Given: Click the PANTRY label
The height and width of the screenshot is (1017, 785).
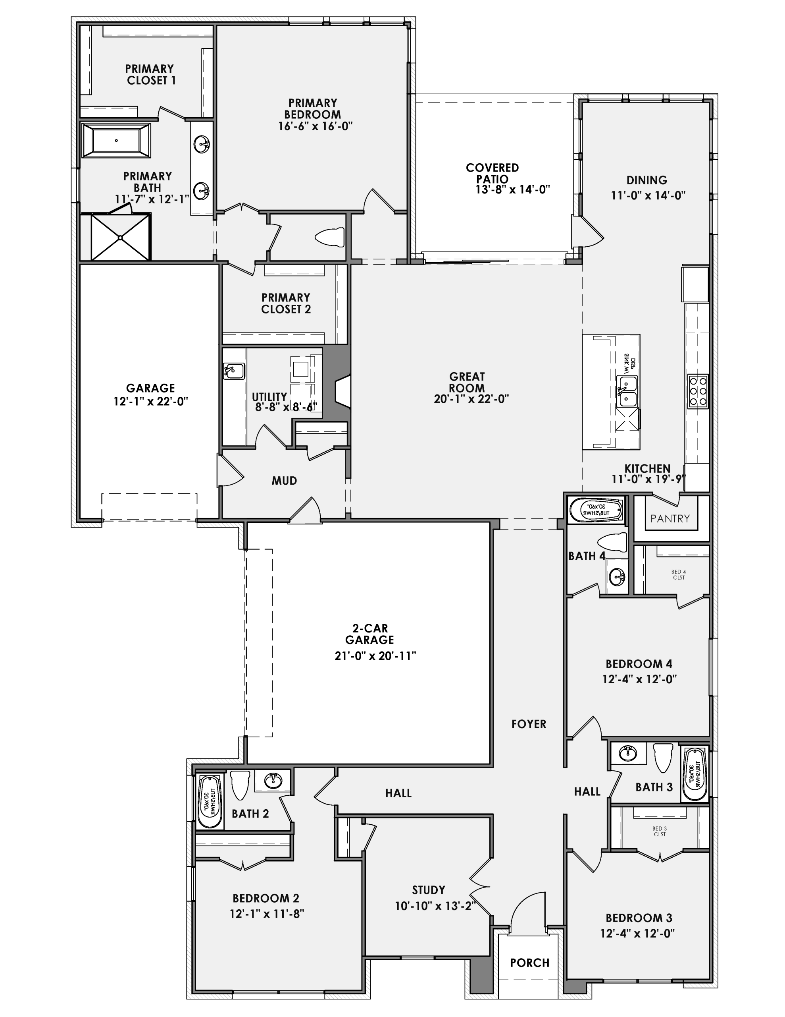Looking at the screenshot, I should (x=670, y=518).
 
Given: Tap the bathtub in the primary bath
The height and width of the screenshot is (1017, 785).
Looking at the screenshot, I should (x=116, y=141).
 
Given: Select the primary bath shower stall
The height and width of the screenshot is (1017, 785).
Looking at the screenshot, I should (x=121, y=237).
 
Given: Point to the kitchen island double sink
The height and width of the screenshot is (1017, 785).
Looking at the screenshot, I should (x=626, y=392).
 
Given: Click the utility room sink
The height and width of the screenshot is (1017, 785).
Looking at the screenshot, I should (x=234, y=371).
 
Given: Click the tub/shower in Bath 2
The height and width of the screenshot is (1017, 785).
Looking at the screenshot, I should (x=210, y=800).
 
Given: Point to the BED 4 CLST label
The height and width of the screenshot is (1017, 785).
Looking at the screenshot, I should (x=678, y=574).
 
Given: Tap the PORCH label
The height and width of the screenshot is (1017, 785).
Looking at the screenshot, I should (x=529, y=962).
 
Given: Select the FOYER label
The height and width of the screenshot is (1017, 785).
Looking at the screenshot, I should (x=529, y=724).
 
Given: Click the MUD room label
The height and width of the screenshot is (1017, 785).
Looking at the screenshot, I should (x=284, y=481).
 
